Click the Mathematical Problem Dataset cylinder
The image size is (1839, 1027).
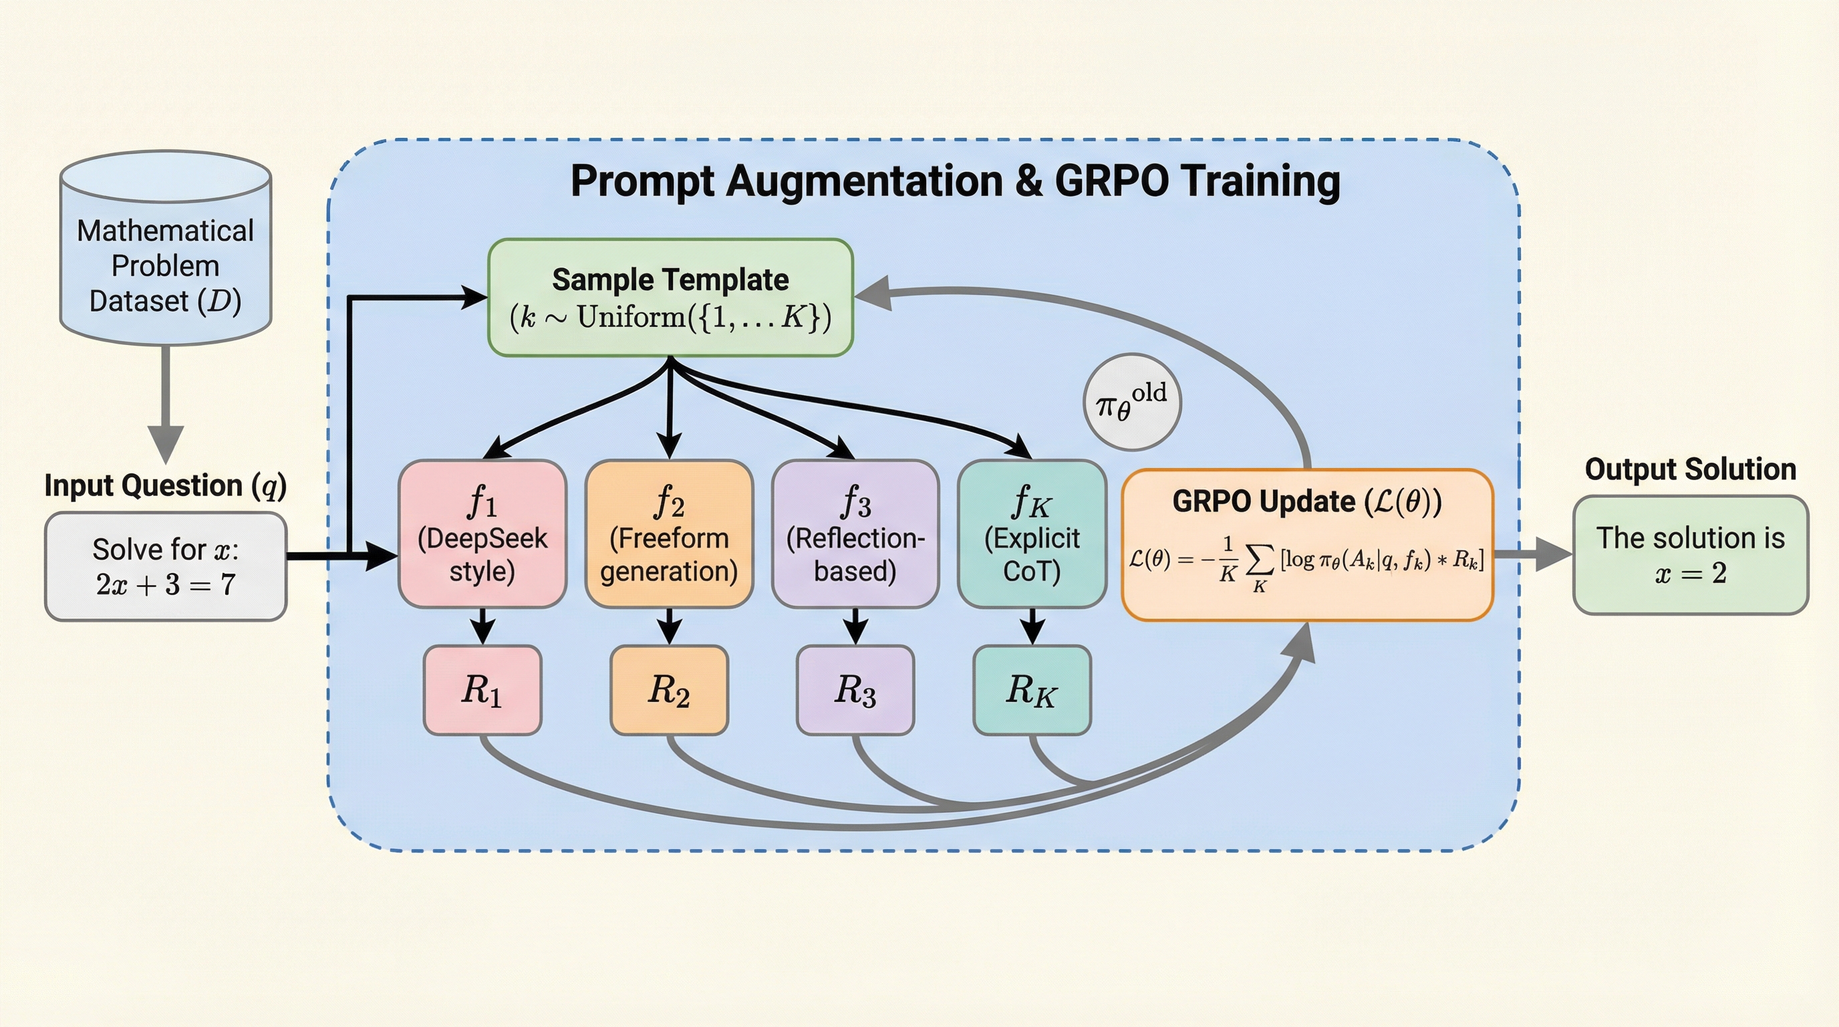pos(166,248)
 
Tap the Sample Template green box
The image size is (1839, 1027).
pos(670,297)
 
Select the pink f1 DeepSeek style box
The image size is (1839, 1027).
pos(482,534)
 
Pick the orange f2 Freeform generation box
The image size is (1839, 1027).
pos(669,534)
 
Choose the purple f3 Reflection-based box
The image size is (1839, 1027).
pos(855,534)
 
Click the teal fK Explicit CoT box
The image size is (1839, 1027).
pos(1032,534)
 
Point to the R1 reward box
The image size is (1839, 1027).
pos(482,690)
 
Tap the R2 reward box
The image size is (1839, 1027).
pos(669,690)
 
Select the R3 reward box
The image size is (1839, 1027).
pos(855,690)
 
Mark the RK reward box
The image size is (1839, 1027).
pos(1032,690)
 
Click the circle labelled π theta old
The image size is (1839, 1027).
pos(1132,402)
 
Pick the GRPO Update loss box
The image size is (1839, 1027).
pos(1307,545)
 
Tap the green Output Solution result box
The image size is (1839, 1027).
pos(1691,555)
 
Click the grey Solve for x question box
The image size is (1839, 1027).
pos(166,566)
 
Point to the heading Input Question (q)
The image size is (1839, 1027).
pos(166,485)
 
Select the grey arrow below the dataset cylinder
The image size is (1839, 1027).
pos(166,405)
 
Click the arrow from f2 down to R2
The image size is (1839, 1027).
pos(669,626)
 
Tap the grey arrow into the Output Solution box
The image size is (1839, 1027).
pos(1534,554)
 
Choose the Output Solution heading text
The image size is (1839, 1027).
pos(1691,469)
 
